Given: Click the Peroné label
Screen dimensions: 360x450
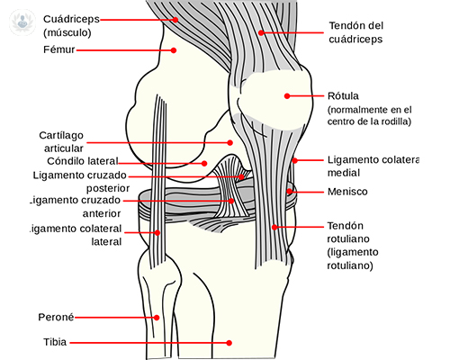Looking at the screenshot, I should pyautogui.click(x=57, y=317).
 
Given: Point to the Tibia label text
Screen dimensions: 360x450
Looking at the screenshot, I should pyautogui.click(x=53, y=342).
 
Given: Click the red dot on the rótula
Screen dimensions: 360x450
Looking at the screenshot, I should pyautogui.click(x=287, y=95).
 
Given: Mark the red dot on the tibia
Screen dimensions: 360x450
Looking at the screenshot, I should pyautogui.click(x=229, y=342).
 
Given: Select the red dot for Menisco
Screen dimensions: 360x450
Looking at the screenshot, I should pyautogui.click(x=289, y=191).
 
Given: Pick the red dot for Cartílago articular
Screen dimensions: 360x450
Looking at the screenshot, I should pyautogui.click(x=230, y=142).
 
